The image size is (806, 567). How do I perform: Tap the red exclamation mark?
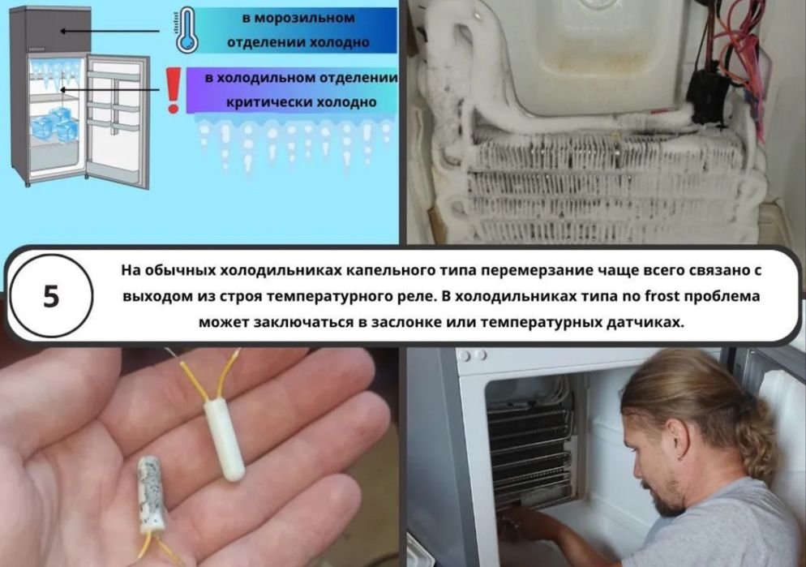(x=172, y=89)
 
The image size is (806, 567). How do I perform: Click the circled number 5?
(x=51, y=296)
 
